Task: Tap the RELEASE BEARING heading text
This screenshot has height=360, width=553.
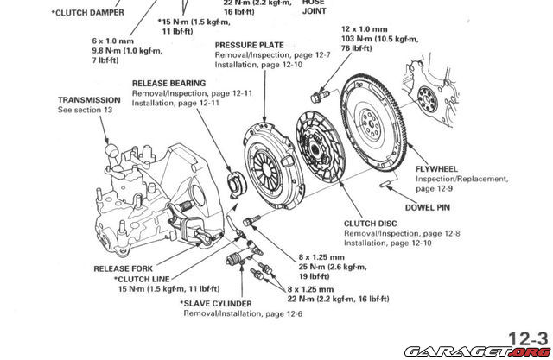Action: pyautogui.click(x=169, y=84)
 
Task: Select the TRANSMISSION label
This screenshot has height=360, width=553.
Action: pyautogui.click(x=89, y=100)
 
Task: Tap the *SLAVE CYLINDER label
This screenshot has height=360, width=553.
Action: pyautogui.click(x=215, y=304)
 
